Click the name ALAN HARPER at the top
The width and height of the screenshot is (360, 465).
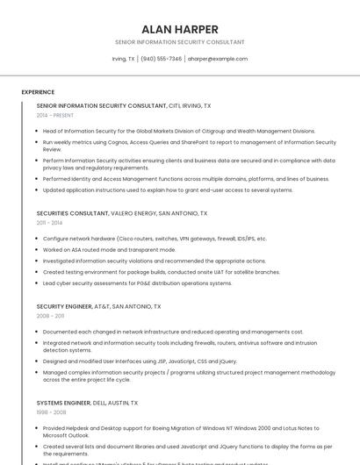179,29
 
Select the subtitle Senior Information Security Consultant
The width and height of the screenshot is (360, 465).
179,42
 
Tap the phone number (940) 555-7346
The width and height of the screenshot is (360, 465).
162,59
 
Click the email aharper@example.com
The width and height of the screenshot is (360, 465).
218,59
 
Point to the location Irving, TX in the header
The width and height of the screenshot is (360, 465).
123,59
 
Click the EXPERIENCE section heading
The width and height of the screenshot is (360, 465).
38,92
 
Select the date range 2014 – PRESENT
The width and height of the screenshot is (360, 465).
56,115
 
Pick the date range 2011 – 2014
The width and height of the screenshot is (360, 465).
50,224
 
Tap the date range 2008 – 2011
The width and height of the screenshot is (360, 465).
50,316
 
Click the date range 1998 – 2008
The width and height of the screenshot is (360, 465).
50,412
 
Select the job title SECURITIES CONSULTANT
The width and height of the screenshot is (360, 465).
72,213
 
